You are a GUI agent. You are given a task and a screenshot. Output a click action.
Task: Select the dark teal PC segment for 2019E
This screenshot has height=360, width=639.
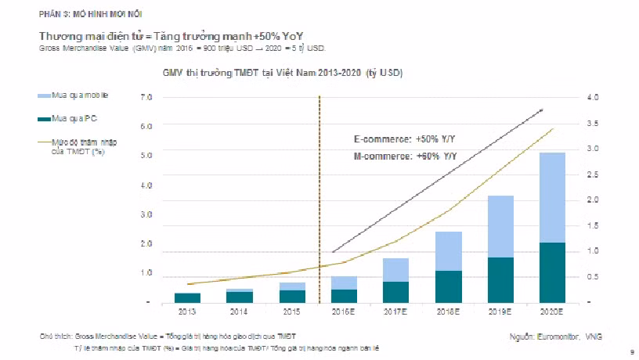pyautogui.click(x=500, y=279)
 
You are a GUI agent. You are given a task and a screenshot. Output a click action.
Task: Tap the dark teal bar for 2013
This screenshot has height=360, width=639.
pyautogui.click(x=187, y=297)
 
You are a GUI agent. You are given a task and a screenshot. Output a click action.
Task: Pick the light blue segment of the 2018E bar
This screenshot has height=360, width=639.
pyautogui.click(x=449, y=250)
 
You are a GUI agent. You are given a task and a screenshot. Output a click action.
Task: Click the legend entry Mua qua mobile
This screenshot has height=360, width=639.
pyautogui.click(x=79, y=95)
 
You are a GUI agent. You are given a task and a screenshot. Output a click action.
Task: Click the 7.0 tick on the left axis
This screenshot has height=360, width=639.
pyautogui.click(x=146, y=98)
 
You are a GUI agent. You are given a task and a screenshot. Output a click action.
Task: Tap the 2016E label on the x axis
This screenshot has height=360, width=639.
pyautogui.click(x=344, y=311)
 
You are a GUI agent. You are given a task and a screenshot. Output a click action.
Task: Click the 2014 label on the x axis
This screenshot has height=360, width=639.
pyautogui.click(x=239, y=311)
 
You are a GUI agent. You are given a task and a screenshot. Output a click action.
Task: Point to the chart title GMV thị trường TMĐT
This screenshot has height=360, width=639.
pyautogui.click(x=283, y=73)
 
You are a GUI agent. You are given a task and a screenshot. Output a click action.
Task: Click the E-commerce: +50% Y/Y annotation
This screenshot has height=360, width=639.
pyautogui.click(x=405, y=140)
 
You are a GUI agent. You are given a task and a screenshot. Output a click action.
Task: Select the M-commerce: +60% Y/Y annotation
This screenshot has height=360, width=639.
pyautogui.click(x=405, y=157)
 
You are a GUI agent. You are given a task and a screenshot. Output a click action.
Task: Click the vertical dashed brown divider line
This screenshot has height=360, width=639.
pyautogui.click(x=319, y=196)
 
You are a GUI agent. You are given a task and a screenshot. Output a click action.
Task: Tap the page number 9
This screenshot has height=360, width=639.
pyautogui.click(x=631, y=353)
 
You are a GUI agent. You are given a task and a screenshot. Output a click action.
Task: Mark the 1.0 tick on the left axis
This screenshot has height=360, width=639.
pyautogui.click(x=146, y=273)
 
